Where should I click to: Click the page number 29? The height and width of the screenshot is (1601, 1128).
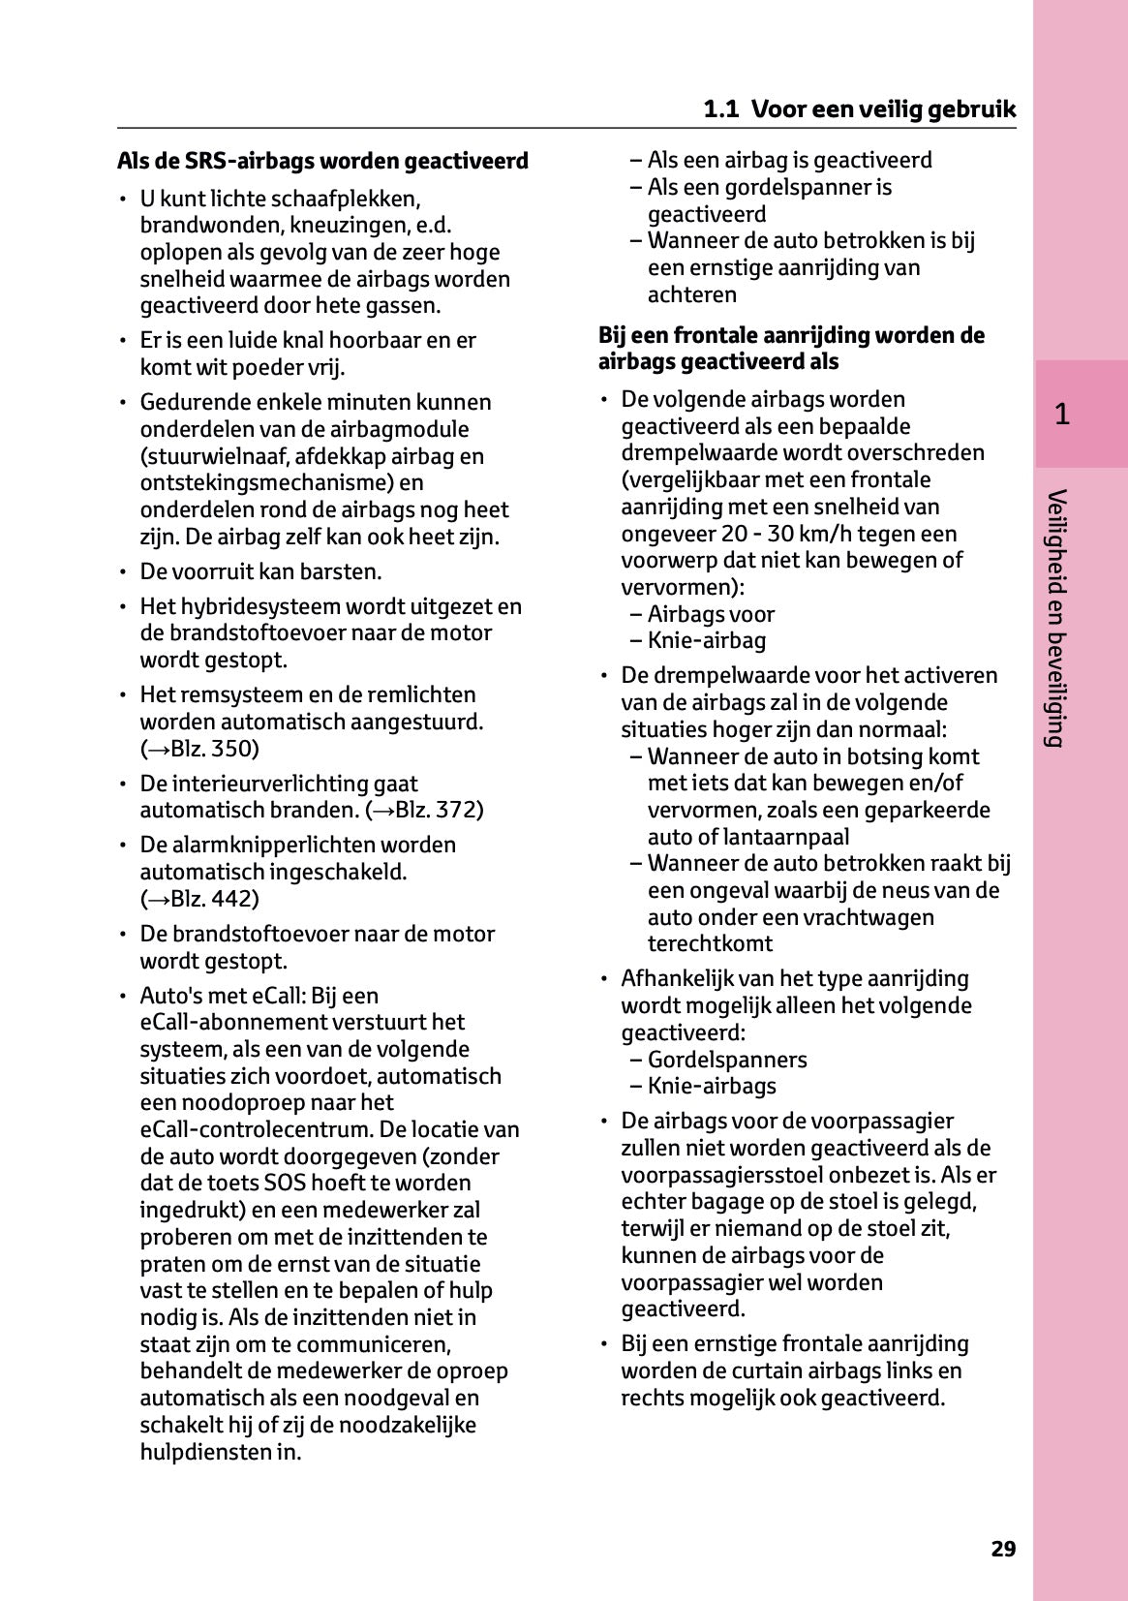[x=1003, y=1549]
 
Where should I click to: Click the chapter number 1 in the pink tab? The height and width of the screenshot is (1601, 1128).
[x=1062, y=415]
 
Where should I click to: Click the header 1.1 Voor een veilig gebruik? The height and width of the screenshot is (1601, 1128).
[x=860, y=108]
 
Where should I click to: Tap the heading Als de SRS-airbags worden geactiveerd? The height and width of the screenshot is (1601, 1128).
[x=322, y=161]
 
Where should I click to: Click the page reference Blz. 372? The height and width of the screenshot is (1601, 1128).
[x=432, y=810]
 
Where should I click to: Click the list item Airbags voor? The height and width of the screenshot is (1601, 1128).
[x=710, y=614]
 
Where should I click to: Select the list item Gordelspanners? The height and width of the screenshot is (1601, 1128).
[x=726, y=1060]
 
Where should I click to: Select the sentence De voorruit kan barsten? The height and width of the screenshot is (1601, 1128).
[x=260, y=571]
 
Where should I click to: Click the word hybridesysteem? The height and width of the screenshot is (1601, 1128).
[x=256, y=606]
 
